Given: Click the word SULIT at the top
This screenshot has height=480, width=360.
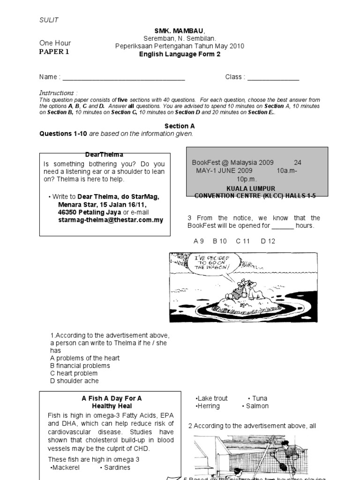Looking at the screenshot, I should click(x=49, y=20).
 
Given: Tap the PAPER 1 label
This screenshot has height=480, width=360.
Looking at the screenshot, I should click(x=54, y=52).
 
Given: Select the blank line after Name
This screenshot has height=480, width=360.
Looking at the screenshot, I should click(x=124, y=77).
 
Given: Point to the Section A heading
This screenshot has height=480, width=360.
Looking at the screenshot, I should click(x=180, y=126).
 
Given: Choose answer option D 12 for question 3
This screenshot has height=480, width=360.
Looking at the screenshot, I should click(x=268, y=241).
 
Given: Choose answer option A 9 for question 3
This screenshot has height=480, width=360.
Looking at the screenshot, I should click(x=199, y=241).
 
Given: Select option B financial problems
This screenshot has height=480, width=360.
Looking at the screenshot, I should click(x=80, y=366).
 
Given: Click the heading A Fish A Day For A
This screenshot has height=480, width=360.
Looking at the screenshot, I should click(x=112, y=398).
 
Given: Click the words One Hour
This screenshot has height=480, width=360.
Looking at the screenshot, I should click(x=55, y=43).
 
